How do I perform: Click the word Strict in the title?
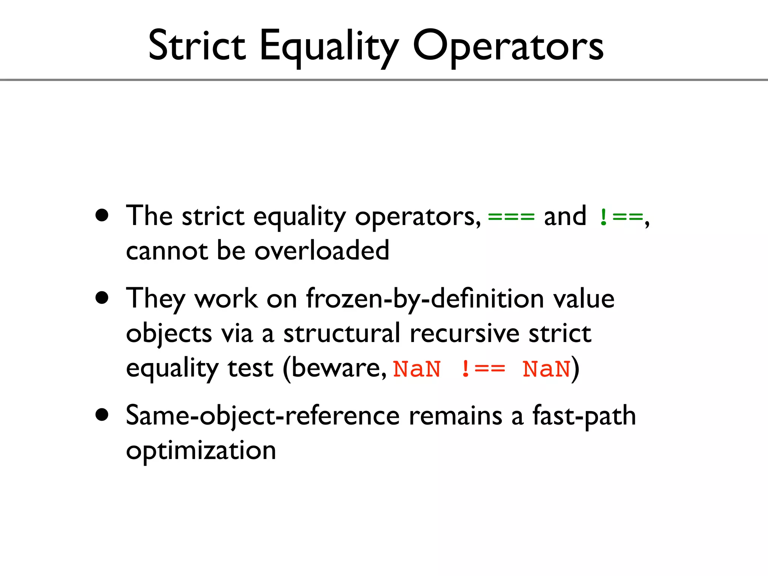[x=196, y=46]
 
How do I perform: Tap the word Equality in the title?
[x=329, y=47]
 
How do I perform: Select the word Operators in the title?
[x=508, y=47]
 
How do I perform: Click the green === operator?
[x=511, y=217]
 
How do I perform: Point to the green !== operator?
[x=621, y=217]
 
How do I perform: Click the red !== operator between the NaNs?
[x=482, y=369]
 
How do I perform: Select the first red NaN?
[x=417, y=369]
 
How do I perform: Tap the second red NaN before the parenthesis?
[x=546, y=369]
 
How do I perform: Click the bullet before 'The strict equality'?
[x=102, y=216]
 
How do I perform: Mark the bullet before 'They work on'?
[x=102, y=298]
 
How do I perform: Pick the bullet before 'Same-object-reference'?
[x=102, y=415]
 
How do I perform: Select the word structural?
[x=342, y=333]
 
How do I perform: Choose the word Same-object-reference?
[x=262, y=416]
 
